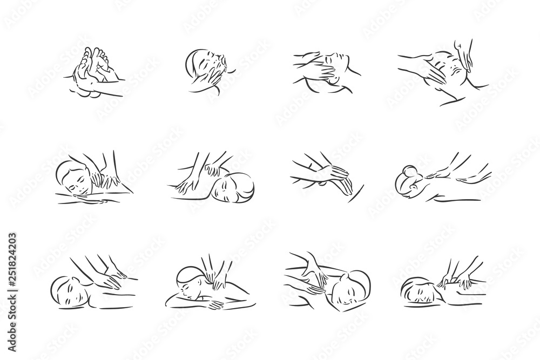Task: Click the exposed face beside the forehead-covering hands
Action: [x=338, y=58]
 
